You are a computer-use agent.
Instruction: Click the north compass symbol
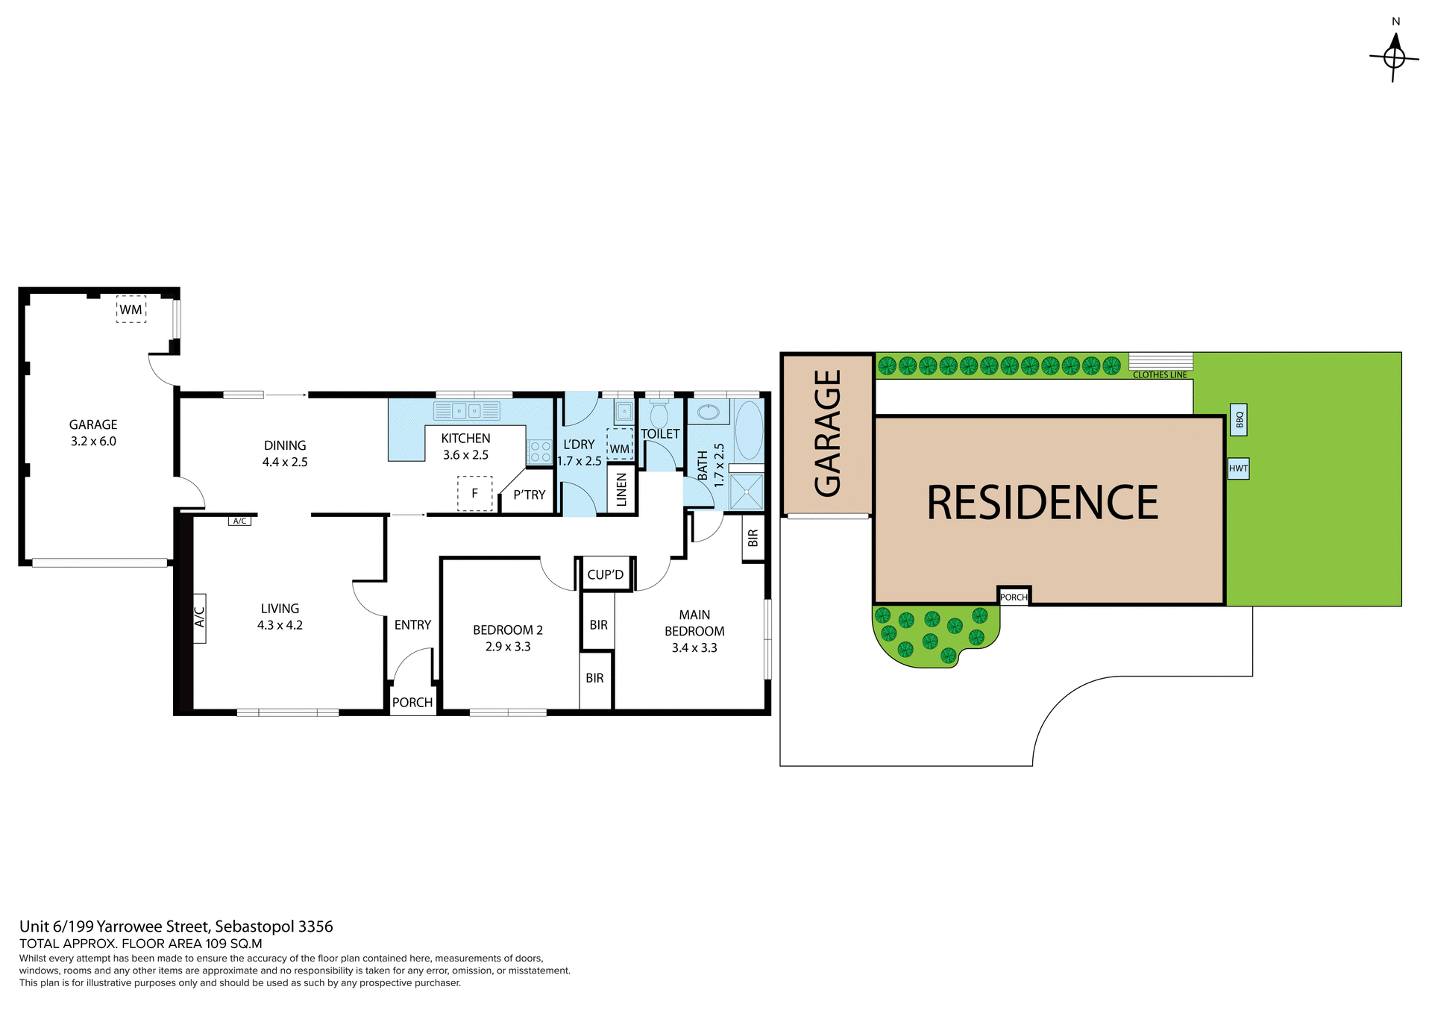coord(1394,57)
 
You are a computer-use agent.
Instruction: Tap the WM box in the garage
coord(131,310)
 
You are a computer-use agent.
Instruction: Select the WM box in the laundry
coord(619,443)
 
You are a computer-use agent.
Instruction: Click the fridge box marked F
coord(474,493)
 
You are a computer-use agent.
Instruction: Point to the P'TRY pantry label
coord(529,495)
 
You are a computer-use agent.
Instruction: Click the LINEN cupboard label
coord(621,489)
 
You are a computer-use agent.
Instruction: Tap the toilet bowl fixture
coord(659,415)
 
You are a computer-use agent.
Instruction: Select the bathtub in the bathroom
coord(749,431)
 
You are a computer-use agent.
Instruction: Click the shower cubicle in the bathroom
coord(746,490)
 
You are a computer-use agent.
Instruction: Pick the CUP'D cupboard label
coord(605,574)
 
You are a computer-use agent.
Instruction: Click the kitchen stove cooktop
coord(539,451)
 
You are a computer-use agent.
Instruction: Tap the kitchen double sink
coord(467,410)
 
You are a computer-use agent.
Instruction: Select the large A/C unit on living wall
coord(199,618)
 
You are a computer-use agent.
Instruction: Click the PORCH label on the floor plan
coord(412,703)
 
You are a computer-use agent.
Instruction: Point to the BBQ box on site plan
coord(1239,420)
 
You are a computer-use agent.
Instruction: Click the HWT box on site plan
coord(1238,468)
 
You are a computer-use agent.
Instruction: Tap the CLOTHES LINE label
coord(1160,374)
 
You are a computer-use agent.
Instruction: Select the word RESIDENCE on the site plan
coord(1042,503)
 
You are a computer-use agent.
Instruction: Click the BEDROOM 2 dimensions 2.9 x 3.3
coord(508,647)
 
